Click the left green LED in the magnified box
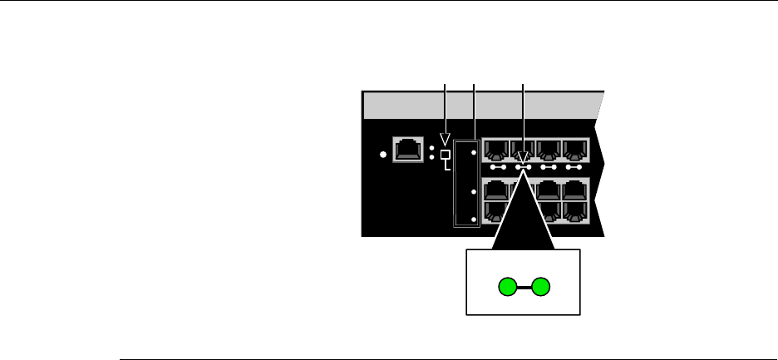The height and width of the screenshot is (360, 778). point(507,288)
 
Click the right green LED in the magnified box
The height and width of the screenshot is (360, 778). point(541,288)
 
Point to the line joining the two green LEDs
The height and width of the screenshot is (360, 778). point(524,288)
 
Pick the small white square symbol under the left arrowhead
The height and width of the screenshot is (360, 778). point(446,155)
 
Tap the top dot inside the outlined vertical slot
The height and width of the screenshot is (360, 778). point(473,153)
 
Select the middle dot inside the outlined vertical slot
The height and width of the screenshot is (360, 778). point(473,191)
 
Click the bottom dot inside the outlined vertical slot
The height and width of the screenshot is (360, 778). point(473,219)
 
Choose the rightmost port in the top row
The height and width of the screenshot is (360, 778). point(575,150)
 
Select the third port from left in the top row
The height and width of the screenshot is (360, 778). point(549,150)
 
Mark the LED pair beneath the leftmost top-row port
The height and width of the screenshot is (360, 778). point(497,167)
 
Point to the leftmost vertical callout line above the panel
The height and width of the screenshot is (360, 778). point(446,104)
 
